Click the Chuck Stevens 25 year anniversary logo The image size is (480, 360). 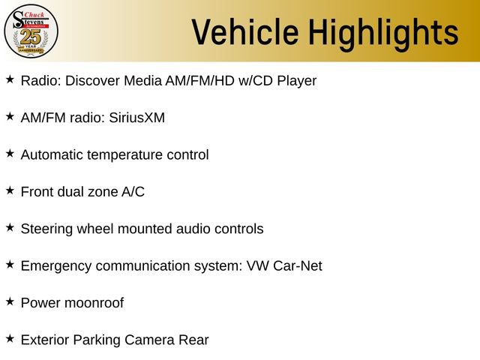(31, 31)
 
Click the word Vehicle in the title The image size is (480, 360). (245, 31)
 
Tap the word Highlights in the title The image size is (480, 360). (383, 34)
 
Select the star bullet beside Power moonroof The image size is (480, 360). (10, 301)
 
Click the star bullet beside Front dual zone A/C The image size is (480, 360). (10, 190)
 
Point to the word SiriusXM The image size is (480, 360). (136, 118)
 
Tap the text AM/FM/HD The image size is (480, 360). (200, 81)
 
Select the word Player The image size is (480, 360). (297, 82)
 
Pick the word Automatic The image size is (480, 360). (52, 154)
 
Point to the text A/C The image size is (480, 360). (133, 192)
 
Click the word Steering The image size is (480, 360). (46, 229)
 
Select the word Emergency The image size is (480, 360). (56, 266)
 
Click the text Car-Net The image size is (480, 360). (298, 265)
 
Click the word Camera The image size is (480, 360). (149, 340)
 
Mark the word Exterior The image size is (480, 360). (45, 340)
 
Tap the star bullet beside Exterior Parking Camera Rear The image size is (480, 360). (10, 338)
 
